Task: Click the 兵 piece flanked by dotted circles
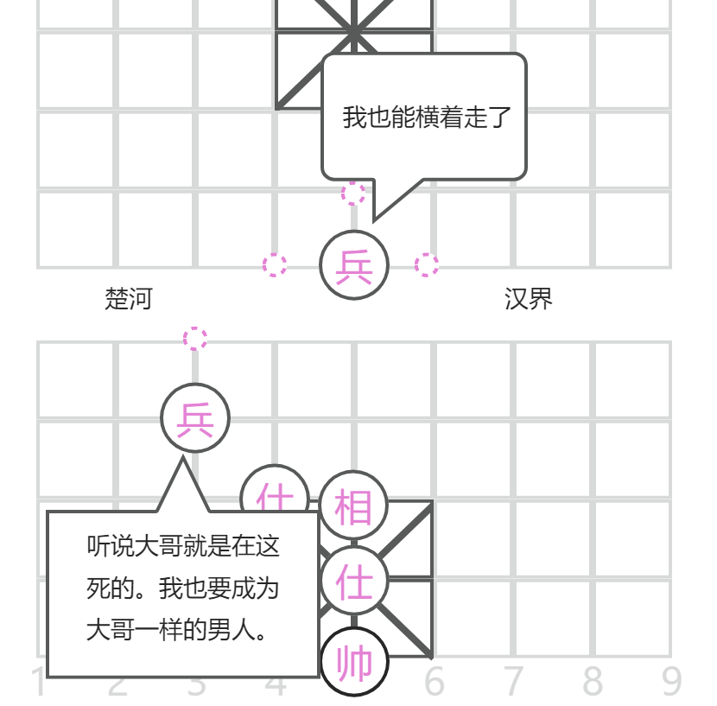(354, 265)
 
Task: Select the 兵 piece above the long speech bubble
(195, 418)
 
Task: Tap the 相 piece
(354, 505)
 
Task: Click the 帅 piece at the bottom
(354, 664)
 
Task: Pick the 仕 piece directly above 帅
(354, 582)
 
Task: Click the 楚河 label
(129, 299)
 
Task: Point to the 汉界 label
(528, 299)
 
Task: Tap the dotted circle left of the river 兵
(275, 265)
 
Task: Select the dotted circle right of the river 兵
(427, 265)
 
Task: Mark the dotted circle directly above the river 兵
(353, 193)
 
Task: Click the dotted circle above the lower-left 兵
(195, 339)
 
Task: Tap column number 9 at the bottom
(672, 683)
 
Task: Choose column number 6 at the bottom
(434, 683)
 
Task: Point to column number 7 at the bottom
(514, 683)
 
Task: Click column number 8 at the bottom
(593, 683)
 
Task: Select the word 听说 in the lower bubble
(111, 546)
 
